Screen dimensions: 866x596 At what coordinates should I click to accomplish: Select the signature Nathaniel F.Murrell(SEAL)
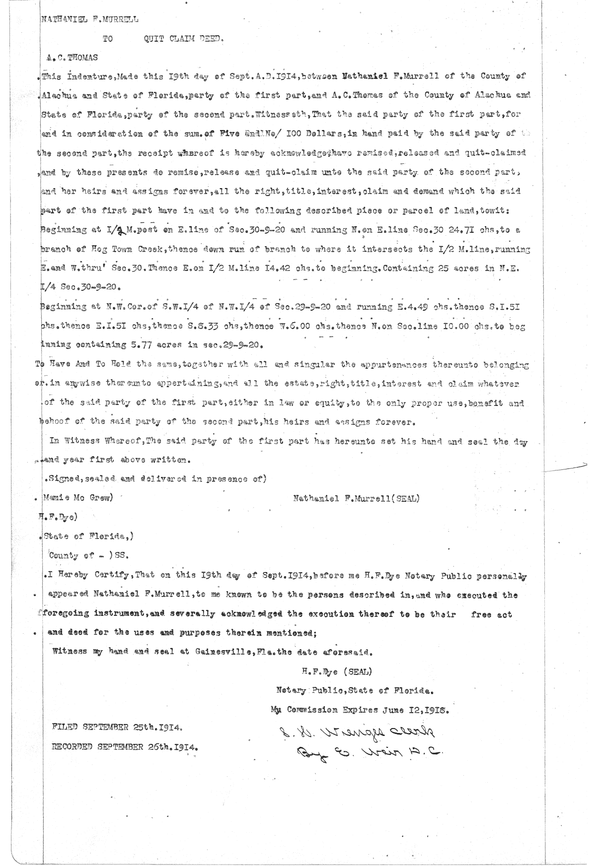[356, 498]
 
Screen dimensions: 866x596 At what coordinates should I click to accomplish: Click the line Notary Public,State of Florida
[355, 690]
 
